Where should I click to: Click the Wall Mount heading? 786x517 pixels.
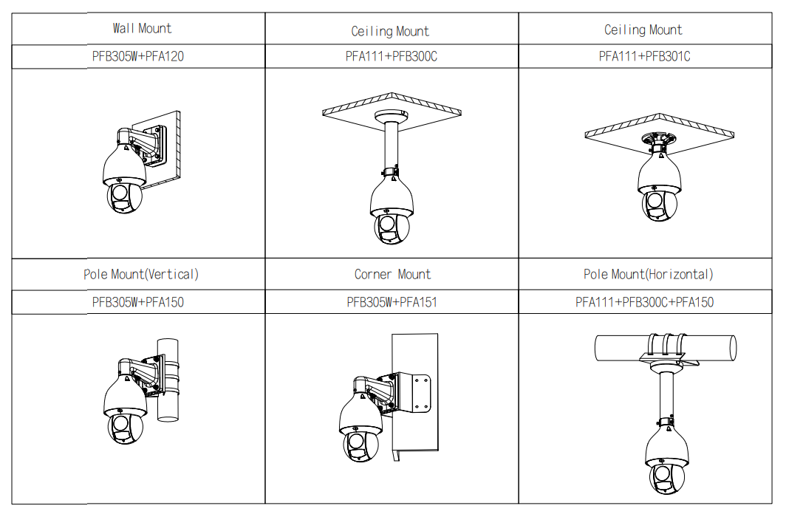click(x=142, y=29)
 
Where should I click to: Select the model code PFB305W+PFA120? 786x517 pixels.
click(x=138, y=56)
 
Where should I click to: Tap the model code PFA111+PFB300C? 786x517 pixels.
click(x=391, y=56)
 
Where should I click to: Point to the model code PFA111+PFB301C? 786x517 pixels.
click(x=644, y=56)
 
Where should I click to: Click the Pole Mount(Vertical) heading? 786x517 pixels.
click(x=141, y=275)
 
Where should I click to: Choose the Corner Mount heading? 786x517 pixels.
click(x=392, y=275)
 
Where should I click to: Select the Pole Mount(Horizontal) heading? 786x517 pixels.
click(x=649, y=275)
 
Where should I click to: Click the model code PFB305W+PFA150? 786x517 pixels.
click(x=138, y=302)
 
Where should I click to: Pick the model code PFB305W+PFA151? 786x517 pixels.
click(x=392, y=302)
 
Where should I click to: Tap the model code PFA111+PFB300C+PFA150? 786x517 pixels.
click(x=644, y=302)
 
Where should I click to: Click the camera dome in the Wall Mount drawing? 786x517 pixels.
click(x=123, y=185)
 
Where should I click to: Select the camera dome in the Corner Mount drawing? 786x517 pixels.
click(x=360, y=436)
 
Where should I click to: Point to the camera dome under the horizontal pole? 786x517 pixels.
click(x=666, y=462)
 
